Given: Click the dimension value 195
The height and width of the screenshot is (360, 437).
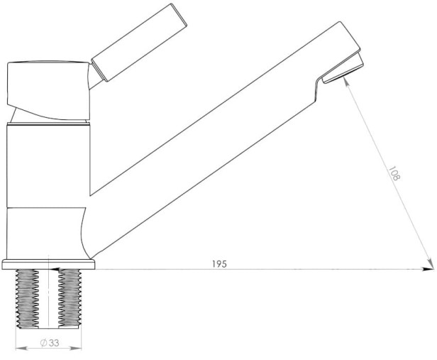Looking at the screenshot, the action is (219, 264).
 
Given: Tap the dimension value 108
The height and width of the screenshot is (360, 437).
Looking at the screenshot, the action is (394, 173).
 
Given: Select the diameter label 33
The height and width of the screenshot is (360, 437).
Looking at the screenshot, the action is (54, 343).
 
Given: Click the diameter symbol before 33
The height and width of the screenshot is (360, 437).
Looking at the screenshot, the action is (43, 343).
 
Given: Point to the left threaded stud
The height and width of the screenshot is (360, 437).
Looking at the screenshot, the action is (27, 299).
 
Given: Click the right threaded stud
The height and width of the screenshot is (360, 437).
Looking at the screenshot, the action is (70, 298).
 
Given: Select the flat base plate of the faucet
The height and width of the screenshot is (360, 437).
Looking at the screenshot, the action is (48, 264).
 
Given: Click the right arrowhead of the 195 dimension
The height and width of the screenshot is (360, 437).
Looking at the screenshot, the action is (428, 269).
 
